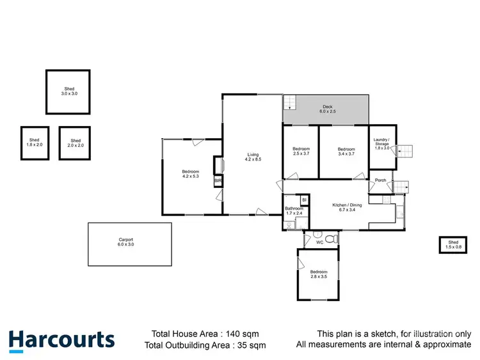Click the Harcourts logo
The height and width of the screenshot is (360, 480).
pos(61,340)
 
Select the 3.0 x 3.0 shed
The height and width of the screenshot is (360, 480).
pos(68,91)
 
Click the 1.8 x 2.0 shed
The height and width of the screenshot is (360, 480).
pos(35,142)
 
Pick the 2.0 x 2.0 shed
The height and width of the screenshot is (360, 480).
pos(75,143)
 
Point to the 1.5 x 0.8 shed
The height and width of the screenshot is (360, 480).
pos(453,245)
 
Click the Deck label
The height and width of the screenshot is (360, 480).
pos(328,109)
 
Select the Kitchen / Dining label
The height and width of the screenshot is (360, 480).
pos(347,207)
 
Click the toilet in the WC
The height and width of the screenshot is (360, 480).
pos(330,239)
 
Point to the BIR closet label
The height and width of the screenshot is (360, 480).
pos(218,181)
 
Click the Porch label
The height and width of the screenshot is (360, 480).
pos(380,180)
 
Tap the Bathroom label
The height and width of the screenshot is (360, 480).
pos(294,210)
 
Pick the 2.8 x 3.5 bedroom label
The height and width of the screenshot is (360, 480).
pos(318,274)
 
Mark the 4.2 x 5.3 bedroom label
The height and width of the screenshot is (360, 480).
pos(191,173)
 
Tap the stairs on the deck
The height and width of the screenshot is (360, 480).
pos(291,102)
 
